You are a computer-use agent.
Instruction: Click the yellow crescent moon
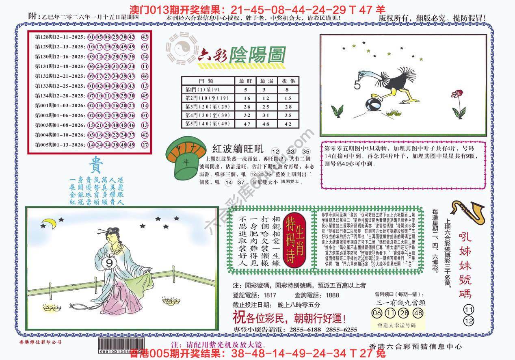[x=50, y=223]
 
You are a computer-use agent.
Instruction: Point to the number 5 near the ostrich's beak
[x=357, y=85]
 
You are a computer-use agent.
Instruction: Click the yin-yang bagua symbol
[x=179, y=51]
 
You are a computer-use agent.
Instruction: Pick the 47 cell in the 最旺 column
[x=246, y=124]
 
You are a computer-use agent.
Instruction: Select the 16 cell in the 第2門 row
[x=246, y=98]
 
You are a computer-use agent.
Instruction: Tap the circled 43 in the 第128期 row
[x=145, y=37]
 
